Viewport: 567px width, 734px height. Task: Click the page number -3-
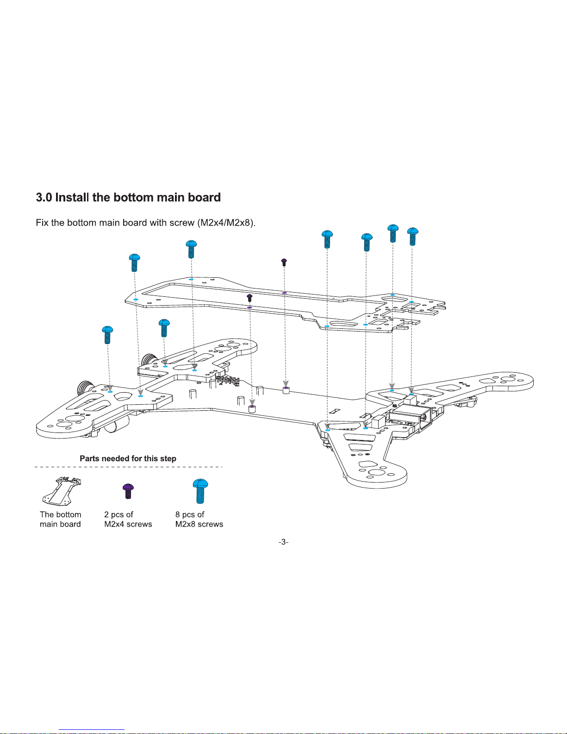pos(283,542)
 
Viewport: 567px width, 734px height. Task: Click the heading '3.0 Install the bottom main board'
pos(128,197)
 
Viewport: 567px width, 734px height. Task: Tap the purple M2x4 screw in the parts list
pos(128,491)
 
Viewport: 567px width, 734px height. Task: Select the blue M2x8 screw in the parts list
pos(200,491)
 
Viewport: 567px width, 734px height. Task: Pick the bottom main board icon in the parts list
pos(62,491)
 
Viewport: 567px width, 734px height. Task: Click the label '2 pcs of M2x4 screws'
pos(128,519)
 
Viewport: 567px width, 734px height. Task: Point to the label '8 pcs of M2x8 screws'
pos(199,519)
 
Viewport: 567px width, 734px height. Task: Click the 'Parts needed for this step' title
pos(128,458)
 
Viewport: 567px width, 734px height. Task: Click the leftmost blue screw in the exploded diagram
pos(107,335)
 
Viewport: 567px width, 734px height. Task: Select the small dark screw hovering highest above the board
pos(284,262)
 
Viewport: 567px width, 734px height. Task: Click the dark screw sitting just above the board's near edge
pos(249,298)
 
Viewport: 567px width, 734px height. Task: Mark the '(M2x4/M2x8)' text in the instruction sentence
pos(226,223)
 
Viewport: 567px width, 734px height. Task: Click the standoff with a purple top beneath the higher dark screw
pos(286,390)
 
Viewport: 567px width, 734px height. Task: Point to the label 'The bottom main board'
pos(61,519)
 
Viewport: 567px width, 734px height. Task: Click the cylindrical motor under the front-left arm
pos(117,423)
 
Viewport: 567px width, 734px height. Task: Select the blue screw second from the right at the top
pos(393,233)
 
